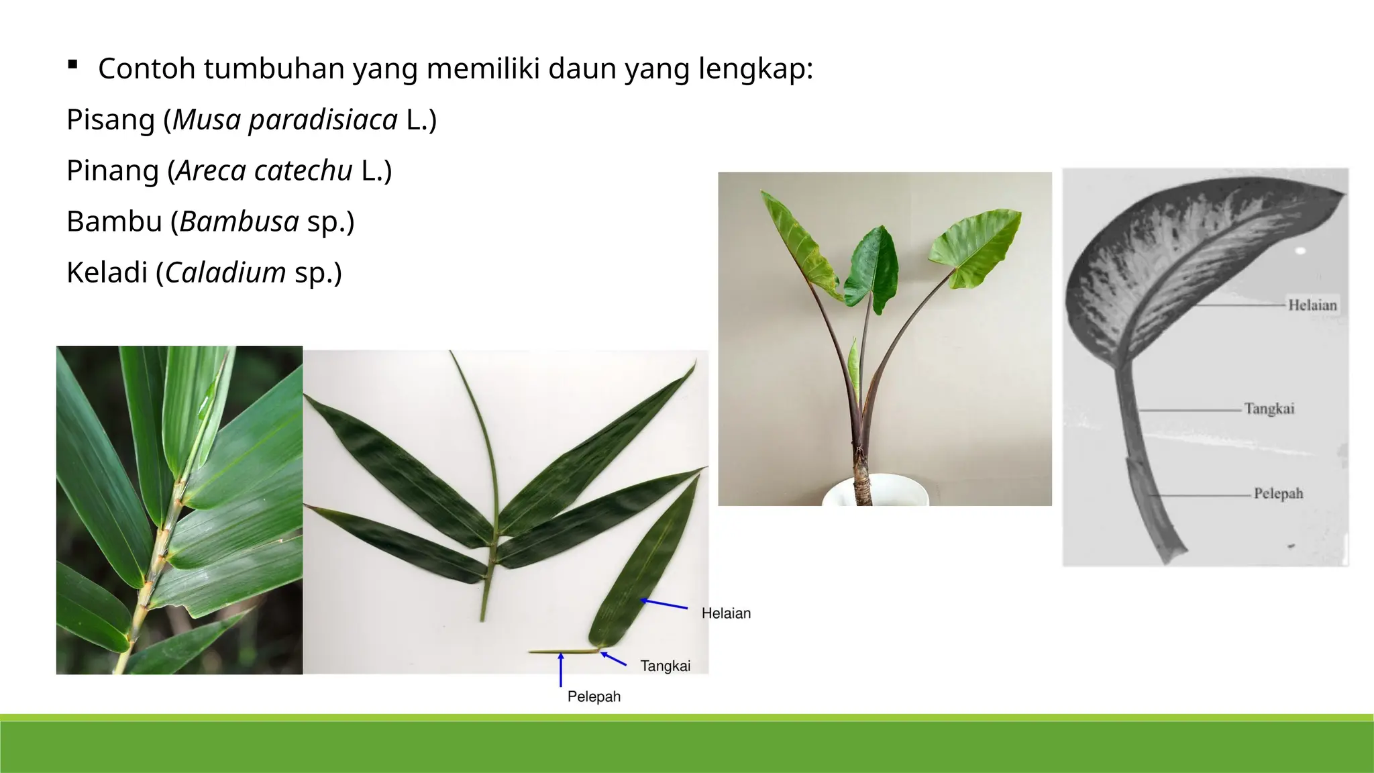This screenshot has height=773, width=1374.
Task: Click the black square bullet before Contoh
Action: [x=72, y=65]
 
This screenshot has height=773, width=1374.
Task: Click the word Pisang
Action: [x=111, y=120]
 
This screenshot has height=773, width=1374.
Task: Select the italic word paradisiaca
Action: [x=323, y=120]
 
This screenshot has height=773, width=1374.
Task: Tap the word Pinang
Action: [x=113, y=171]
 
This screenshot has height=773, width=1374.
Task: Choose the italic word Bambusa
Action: [x=239, y=221]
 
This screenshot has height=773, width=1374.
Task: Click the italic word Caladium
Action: [x=225, y=272]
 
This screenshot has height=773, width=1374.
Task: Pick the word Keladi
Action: [x=107, y=272]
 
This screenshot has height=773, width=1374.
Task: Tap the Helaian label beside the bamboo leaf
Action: [x=726, y=613]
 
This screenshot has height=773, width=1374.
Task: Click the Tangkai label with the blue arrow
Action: [x=665, y=666]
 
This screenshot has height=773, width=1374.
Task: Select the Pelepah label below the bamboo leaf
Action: [x=594, y=697]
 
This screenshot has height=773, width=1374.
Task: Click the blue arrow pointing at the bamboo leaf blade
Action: [x=664, y=604]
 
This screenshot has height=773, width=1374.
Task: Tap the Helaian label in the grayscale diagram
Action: [x=1312, y=305]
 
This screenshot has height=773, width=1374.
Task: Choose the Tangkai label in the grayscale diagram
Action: [x=1269, y=409]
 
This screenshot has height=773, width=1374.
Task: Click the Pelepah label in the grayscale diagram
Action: [x=1278, y=494]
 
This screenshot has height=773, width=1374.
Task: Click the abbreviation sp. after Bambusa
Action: [x=330, y=221]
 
